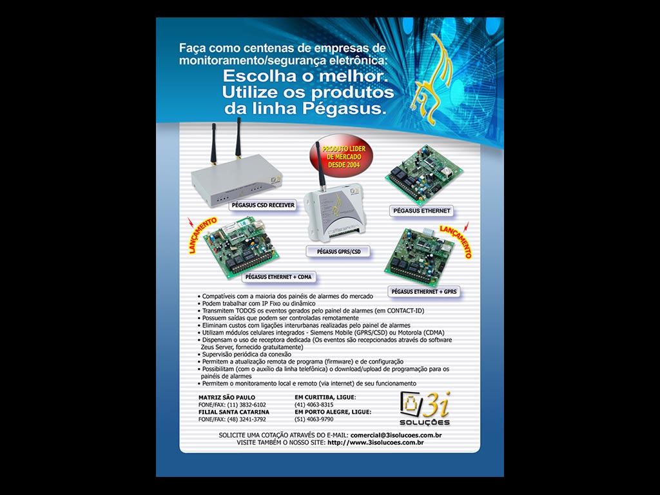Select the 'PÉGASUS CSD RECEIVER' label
tap(263, 206)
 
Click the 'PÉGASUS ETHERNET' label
tap(422, 211)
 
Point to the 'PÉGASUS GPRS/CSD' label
tap(338, 252)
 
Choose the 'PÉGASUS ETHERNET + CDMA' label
tap(278, 277)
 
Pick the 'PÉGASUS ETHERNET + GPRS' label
tap(424, 291)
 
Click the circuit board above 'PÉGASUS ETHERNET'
tap(423, 170)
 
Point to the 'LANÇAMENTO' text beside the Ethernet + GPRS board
tap(456, 241)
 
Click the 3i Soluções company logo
tap(425, 408)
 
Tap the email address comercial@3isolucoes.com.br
tap(396, 435)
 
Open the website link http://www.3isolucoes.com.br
tap(376, 442)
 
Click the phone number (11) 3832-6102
tap(246, 405)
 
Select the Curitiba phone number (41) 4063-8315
tap(314, 405)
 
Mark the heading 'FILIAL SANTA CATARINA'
tap(233, 412)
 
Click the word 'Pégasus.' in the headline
tap(344, 109)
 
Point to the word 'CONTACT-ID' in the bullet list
tap(405, 311)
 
